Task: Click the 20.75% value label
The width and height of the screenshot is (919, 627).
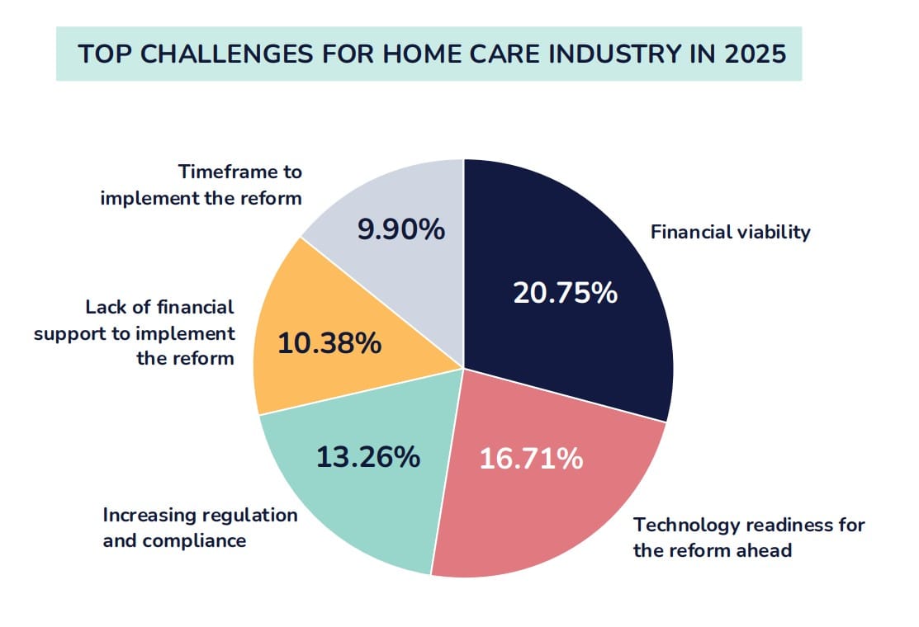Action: click(x=565, y=293)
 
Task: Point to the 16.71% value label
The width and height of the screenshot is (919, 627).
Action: click(x=531, y=459)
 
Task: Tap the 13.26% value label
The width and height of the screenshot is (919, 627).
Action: click(x=368, y=456)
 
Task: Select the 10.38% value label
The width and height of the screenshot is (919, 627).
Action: click(x=329, y=343)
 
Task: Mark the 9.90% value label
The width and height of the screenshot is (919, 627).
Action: click(x=400, y=230)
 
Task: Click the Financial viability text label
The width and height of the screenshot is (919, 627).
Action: click(x=730, y=232)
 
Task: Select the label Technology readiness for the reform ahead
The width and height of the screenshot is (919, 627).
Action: click(x=748, y=537)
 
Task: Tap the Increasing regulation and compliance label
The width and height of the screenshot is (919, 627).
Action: click(x=200, y=528)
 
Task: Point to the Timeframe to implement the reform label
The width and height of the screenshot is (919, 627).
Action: click(x=201, y=186)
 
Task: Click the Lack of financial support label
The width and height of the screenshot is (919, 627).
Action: click(x=135, y=333)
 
